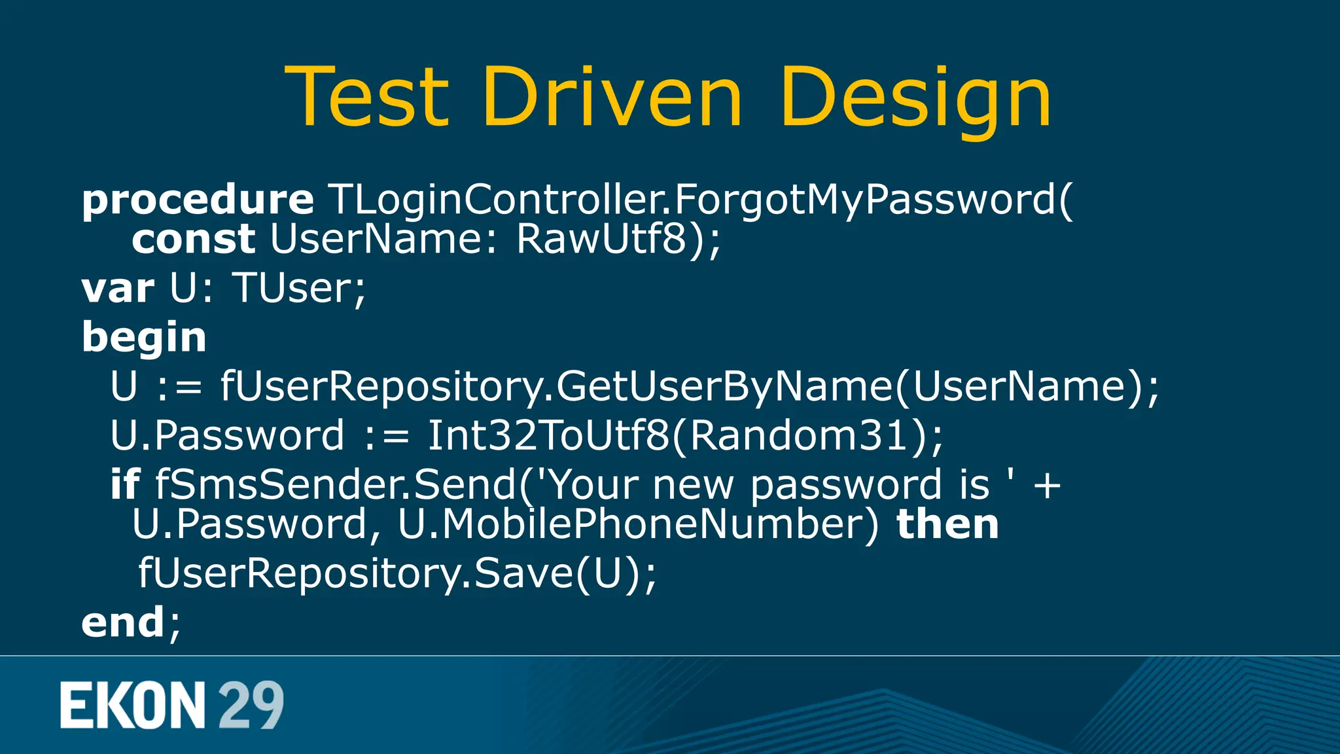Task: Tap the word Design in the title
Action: pos(915,98)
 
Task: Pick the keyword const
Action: pos(193,239)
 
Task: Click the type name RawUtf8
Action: pos(601,239)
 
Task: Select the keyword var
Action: pos(118,288)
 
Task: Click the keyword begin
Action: pos(144,338)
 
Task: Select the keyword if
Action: pos(124,484)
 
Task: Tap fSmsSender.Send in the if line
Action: pos(335,484)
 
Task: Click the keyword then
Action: pos(947,524)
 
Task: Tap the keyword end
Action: pos(122,622)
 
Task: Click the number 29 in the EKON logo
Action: pos(251,705)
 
